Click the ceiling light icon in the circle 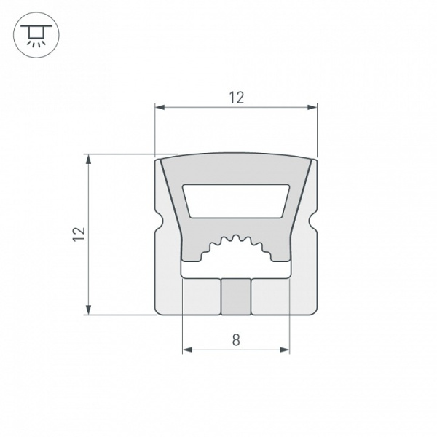tap(32, 33)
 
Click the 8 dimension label tap(235, 339)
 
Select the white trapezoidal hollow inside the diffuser tap(235, 200)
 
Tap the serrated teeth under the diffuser tap(235, 243)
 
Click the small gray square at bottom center tap(235, 296)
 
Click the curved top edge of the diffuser tap(235, 154)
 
